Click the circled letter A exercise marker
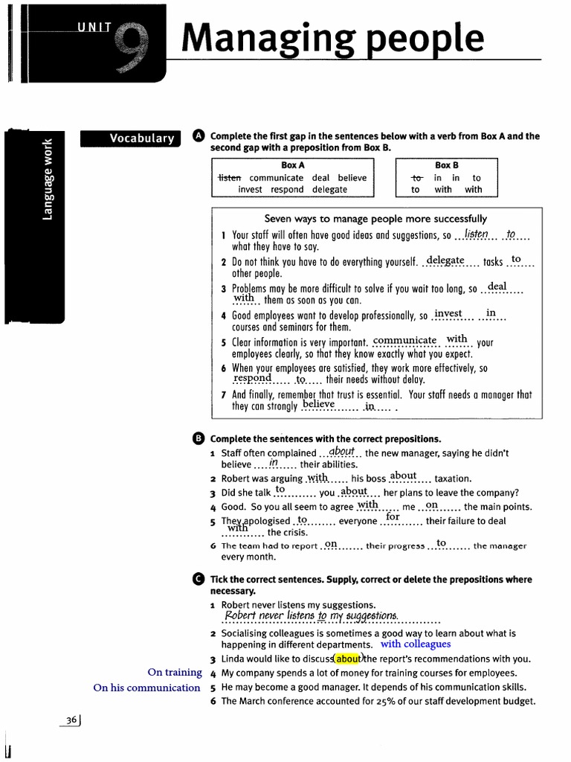click(198, 135)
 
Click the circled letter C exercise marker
click(198, 579)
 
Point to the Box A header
click(293, 165)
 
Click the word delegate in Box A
click(330, 190)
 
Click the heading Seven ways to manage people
click(375, 219)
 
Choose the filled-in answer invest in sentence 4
click(448, 313)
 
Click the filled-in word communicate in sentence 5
click(405, 341)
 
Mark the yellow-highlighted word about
click(347, 659)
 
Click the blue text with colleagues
click(416, 644)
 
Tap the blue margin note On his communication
click(146, 688)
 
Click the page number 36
click(72, 720)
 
